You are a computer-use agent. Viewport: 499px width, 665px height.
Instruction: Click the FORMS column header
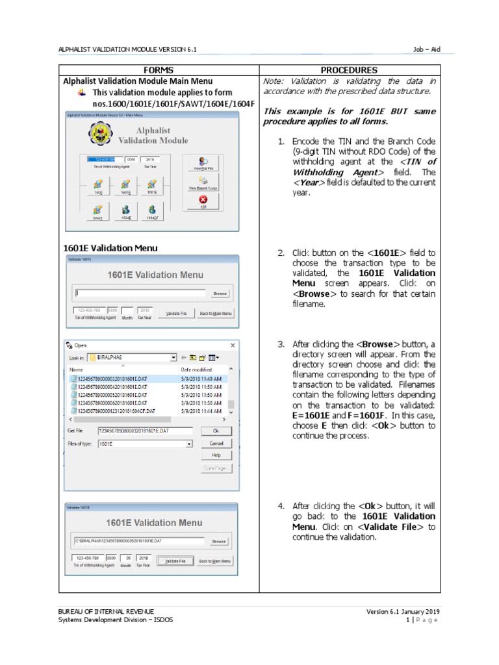pyautogui.click(x=159, y=70)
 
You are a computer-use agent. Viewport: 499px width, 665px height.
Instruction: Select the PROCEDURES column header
pyautogui.click(x=349, y=70)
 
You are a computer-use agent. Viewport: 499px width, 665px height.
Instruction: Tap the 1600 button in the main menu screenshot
pyautogui.click(x=98, y=186)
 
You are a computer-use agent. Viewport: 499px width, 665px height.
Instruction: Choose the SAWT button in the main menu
pyautogui.click(x=97, y=212)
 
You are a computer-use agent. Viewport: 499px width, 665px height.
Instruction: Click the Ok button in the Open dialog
pyautogui.click(x=215, y=431)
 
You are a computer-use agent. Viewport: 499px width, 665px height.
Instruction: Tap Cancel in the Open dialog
pyautogui.click(x=215, y=443)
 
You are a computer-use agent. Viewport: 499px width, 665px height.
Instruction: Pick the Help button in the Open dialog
pyautogui.click(x=215, y=455)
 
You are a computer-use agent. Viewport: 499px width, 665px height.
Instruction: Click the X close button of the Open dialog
pyautogui.click(x=233, y=345)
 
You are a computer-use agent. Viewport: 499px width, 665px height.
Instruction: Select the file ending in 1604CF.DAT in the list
pyautogui.click(x=117, y=411)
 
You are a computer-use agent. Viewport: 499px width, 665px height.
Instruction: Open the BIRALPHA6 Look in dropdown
pyautogui.click(x=173, y=357)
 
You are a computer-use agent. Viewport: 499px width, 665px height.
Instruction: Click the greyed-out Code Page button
pyautogui.click(x=215, y=468)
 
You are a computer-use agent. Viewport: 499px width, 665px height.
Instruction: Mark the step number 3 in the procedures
pyautogui.click(x=281, y=344)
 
